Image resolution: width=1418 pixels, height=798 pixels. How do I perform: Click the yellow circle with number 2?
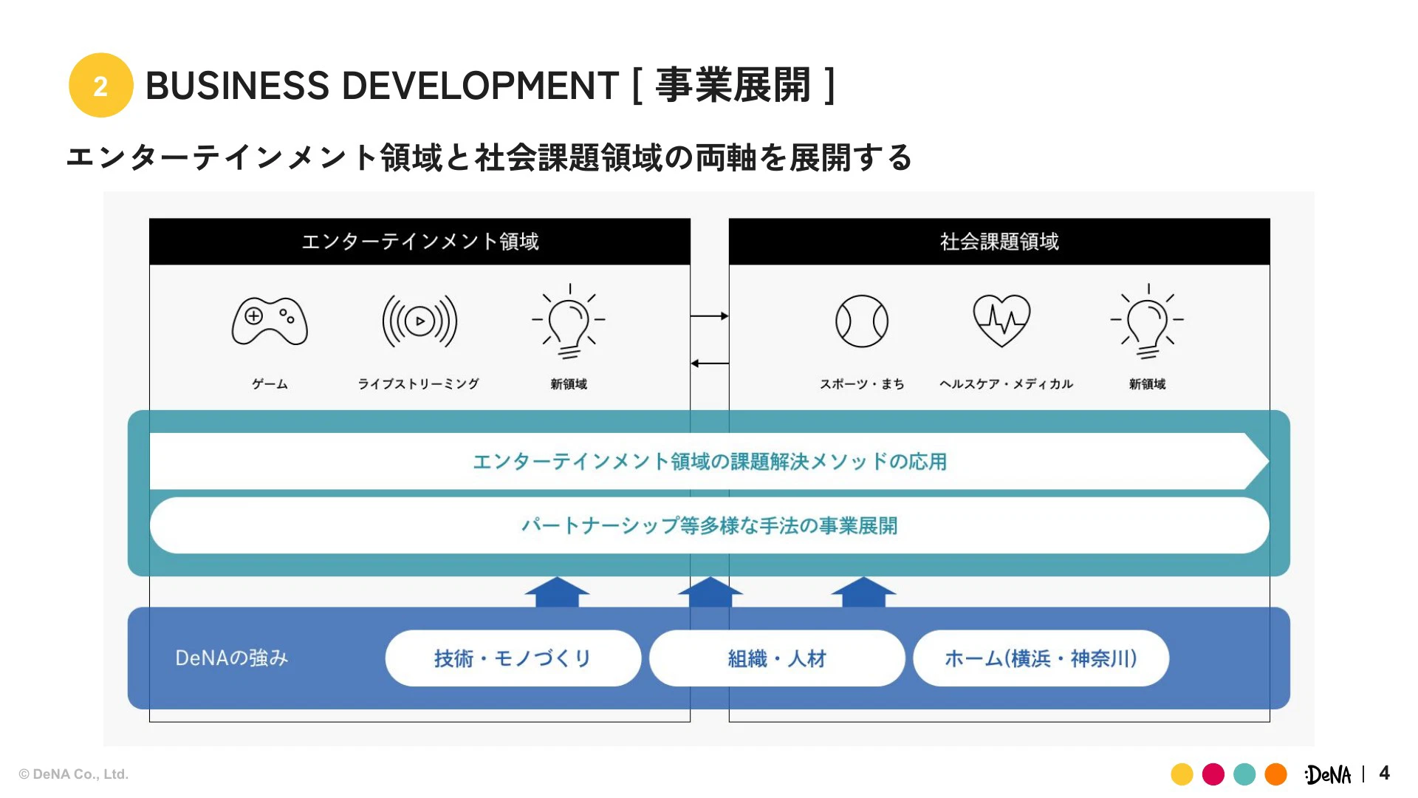pos(101,85)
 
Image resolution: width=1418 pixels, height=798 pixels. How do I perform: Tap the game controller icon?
pos(270,321)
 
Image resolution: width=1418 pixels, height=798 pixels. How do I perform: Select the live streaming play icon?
pos(419,321)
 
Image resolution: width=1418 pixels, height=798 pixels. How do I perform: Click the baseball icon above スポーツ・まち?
pos(862,321)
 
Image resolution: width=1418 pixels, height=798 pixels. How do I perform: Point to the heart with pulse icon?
pos(1001,320)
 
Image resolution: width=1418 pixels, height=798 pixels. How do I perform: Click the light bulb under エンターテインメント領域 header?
pos(569,322)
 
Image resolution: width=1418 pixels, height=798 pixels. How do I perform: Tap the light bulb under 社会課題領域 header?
pos(1147,322)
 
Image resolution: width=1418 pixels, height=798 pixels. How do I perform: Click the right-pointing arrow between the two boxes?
pos(710,316)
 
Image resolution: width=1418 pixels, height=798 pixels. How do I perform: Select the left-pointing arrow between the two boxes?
pos(710,364)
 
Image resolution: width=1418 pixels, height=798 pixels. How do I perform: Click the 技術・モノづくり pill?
pos(513,658)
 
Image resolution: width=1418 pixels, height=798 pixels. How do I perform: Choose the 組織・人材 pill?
pos(777,658)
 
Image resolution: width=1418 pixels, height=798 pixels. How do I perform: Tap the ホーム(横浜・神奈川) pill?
pos(1041,658)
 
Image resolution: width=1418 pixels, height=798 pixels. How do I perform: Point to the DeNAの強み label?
pos(231,658)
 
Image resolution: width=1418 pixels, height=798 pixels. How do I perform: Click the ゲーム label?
pos(270,384)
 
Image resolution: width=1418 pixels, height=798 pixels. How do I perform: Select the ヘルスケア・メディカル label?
pos(1006,384)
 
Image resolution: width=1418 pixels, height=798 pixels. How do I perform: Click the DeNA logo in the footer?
pos(1328,774)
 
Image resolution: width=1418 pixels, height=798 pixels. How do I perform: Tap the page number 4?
pos(1384,774)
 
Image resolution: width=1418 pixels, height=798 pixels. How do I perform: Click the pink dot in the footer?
pos(1213,774)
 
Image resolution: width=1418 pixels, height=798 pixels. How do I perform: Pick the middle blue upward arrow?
pos(710,592)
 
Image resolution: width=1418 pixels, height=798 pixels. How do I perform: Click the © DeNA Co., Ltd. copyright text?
pos(74,774)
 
